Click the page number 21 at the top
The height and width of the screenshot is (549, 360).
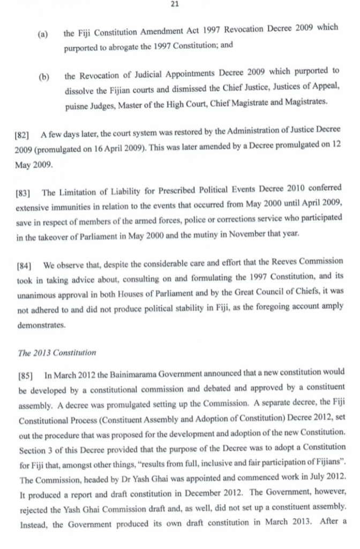(175, 4)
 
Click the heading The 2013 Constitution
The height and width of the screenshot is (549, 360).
(57, 353)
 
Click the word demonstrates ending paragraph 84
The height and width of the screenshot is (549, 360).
(40, 325)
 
